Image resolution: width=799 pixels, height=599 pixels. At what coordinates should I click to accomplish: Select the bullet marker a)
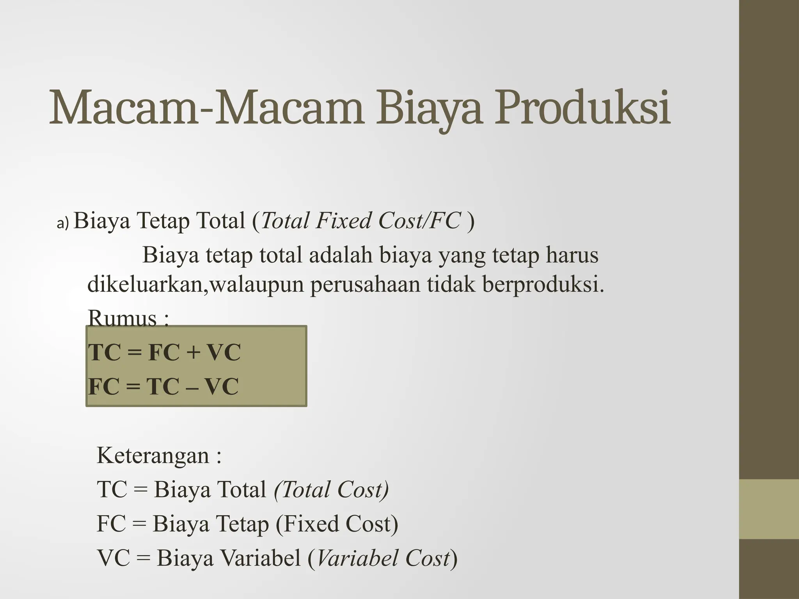coord(62,223)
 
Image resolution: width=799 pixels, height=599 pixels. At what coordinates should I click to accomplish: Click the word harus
coord(572,255)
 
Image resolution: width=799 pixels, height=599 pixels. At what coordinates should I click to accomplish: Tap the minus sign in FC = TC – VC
coord(191,387)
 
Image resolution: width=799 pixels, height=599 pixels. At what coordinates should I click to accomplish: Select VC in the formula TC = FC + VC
coord(223,353)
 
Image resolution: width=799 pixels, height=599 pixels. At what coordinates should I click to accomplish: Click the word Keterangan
coord(153,455)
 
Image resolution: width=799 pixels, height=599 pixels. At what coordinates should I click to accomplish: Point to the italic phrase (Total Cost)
coord(332,490)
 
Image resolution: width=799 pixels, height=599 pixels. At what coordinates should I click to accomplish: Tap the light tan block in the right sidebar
coord(769,509)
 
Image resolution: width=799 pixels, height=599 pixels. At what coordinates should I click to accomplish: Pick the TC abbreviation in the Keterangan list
coord(112,490)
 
